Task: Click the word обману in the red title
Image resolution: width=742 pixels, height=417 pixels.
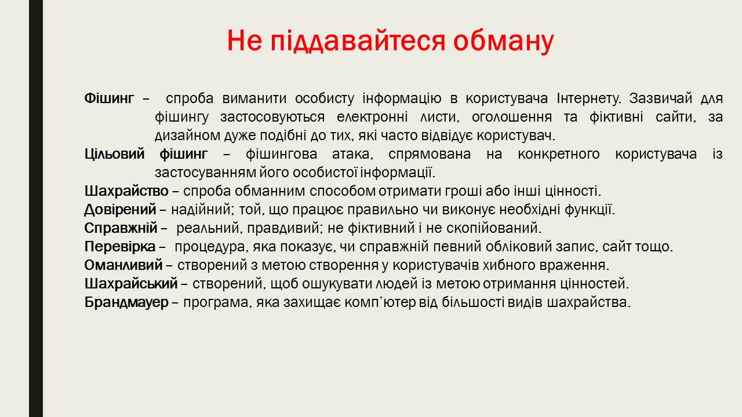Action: [x=503, y=41]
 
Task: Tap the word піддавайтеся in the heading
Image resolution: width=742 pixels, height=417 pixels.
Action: [x=358, y=41]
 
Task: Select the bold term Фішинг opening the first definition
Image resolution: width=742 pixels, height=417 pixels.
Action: [x=110, y=98]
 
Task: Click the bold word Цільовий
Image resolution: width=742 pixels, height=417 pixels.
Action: [x=115, y=154]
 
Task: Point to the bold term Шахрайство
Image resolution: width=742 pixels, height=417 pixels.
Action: [x=126, y=191]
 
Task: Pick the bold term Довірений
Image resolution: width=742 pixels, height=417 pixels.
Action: [x=120, y=210]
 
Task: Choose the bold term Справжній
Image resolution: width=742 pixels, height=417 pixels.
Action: [x=121, y=228]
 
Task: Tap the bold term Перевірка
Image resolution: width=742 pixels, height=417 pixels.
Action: [x=120, y=247]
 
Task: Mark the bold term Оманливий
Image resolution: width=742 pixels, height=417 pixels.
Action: [x=123, y=265]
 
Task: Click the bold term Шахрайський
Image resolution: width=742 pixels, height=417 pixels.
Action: [x=131, y=284]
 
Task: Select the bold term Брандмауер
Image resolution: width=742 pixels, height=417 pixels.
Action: [x=126, y=302]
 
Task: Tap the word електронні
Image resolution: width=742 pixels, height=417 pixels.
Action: [x=372, y=117]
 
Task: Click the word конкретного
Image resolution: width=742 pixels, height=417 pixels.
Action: [x=558, y=154]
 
